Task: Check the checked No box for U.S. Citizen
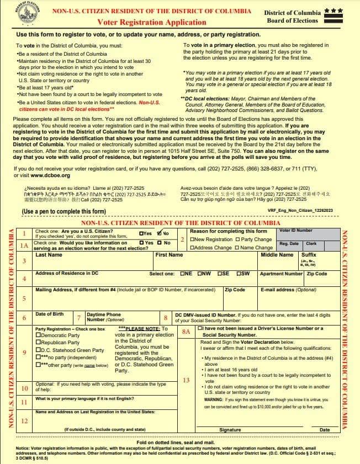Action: coord(159,233)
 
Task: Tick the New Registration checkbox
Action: coord(192,239)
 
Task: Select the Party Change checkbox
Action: coord(237,239)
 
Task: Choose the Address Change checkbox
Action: coord(192,248)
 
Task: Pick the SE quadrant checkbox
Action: coord(220,274)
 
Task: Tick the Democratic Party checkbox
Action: coord(38,335)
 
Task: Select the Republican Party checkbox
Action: coord(38,343)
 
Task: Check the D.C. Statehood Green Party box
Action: coord(38,350)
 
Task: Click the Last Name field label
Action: coord(49,255)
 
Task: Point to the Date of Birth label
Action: coord(49,314)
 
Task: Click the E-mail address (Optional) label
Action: coord(288,289)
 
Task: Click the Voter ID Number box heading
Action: coord(296,231)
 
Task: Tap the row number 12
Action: coord(24,421)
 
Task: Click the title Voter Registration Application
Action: coord(151,22)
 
